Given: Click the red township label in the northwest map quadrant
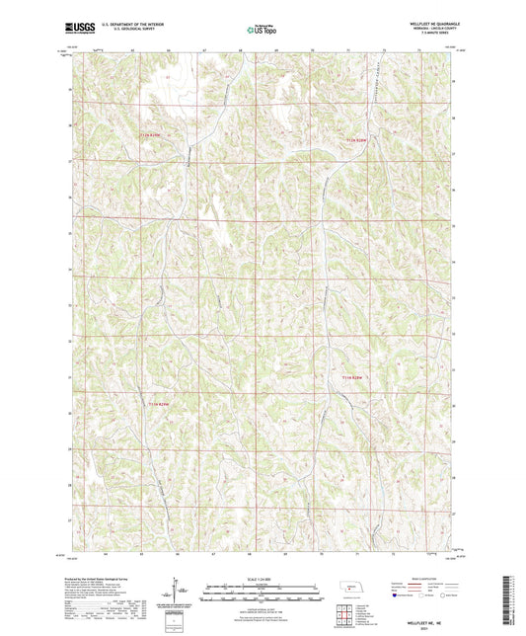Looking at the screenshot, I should [149, 133].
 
